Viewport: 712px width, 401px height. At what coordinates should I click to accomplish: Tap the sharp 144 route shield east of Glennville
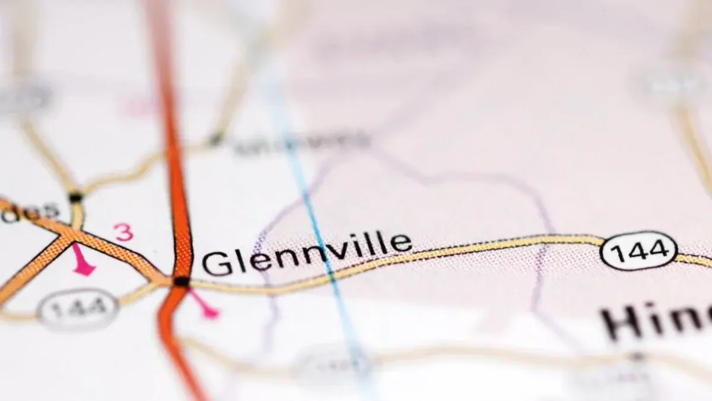click(638, 251)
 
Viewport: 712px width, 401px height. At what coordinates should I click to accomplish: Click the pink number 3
click(124, 232)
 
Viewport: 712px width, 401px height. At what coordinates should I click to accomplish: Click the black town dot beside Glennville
click(182, 281)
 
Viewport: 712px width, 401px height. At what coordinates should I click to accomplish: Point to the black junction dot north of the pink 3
click(75, 197)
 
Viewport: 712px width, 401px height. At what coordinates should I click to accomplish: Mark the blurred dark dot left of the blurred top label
click(215, 140)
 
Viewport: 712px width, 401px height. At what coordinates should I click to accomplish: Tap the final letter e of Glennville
click(401, 243)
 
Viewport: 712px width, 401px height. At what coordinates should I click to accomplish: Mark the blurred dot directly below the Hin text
click(637, 356)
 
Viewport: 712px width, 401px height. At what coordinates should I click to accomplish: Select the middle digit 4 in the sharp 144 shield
click(639, 251)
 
